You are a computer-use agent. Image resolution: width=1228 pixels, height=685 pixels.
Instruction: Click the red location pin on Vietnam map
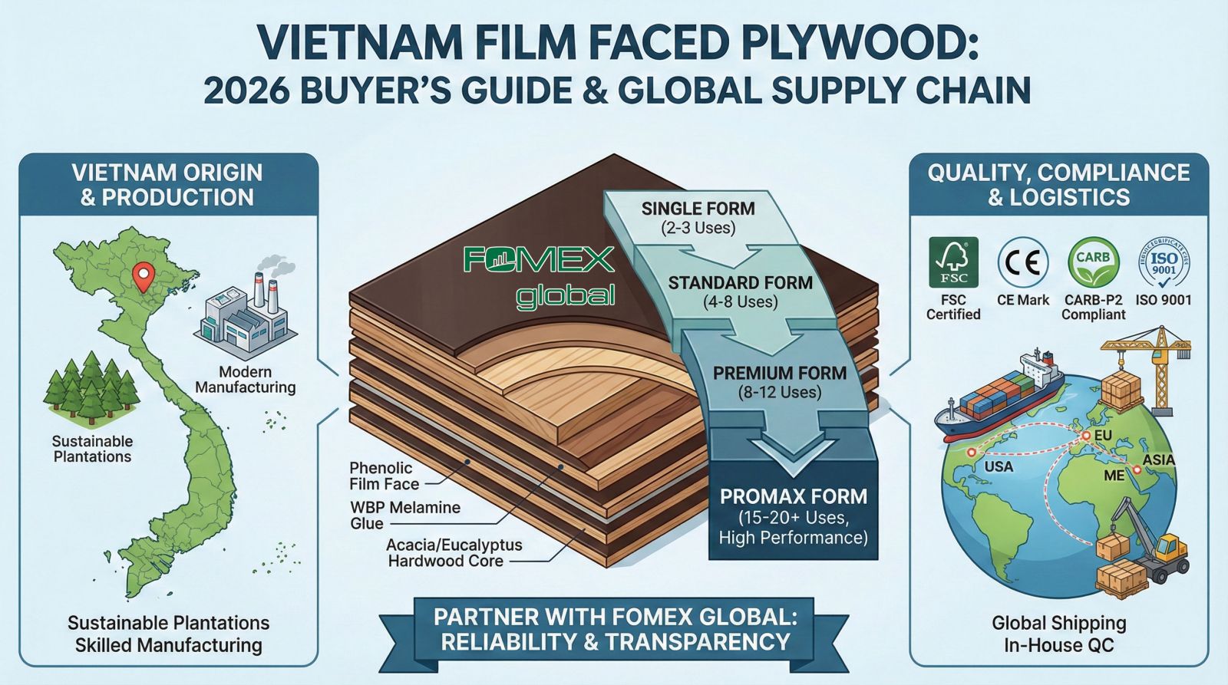tap(141, 275)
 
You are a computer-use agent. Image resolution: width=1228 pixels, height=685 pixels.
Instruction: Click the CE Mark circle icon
tap(1023, 262)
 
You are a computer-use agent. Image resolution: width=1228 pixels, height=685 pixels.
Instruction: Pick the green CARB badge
tap(1093, 262)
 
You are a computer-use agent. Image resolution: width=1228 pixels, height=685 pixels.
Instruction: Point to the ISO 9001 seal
tap(1164, 262)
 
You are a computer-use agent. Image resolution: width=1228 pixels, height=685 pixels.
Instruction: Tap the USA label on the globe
tap(999, 466)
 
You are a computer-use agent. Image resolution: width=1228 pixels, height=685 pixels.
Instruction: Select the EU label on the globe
tap(1104, 436)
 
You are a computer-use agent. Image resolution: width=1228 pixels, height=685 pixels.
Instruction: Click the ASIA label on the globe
tap(1159, 459)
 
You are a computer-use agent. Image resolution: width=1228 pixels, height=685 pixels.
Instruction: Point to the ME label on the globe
tap(1114, 476)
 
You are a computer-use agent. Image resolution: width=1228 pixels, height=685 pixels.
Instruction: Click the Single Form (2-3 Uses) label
tap(698, 217)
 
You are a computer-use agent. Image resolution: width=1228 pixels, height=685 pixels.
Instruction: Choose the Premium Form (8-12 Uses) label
tap(779, 382)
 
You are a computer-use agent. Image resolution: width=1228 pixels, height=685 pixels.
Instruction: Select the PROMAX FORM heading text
tap(794, 496)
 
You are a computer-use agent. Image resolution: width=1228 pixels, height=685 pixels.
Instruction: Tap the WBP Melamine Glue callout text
tap(404, 515)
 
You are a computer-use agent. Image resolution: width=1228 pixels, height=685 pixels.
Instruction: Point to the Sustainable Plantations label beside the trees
tap(92, 449)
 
